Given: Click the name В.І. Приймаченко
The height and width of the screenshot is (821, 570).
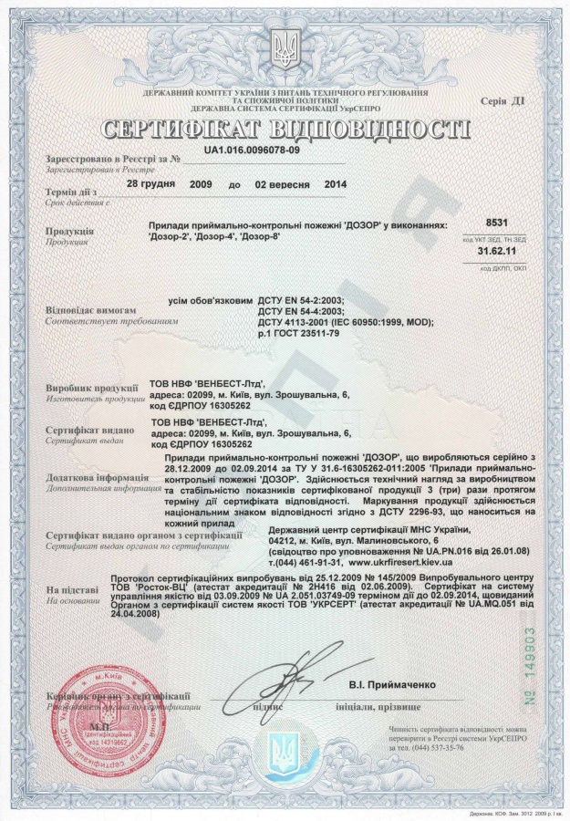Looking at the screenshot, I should [x=392, y=684].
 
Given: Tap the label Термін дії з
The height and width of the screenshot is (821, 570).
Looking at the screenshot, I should [x=69, y=193].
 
